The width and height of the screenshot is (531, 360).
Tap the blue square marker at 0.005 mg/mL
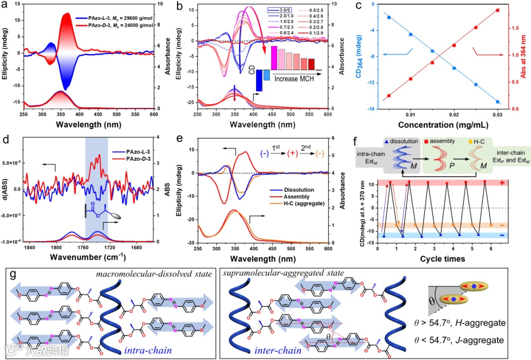[389, 18]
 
